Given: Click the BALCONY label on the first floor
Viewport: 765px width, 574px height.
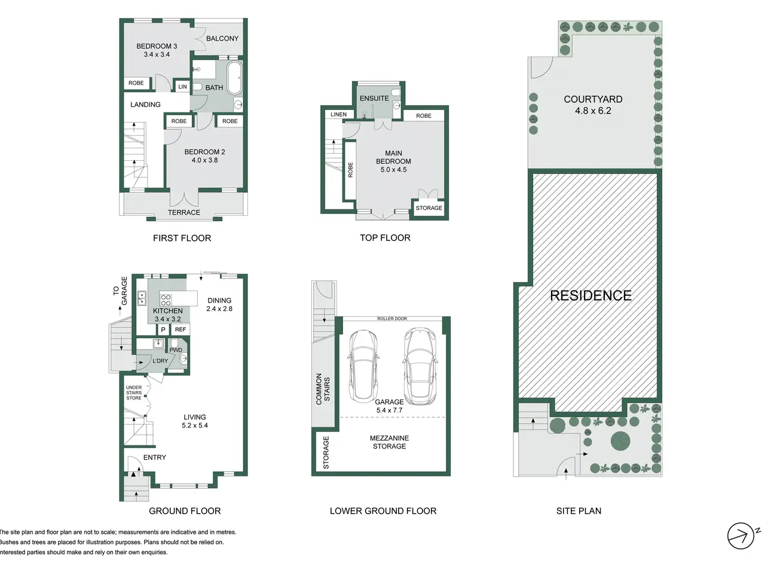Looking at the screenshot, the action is [x=222, y=38].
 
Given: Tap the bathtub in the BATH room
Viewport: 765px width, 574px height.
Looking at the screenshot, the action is [x=234, y=78].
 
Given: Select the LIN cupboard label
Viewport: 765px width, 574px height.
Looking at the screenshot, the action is [x=183, y=87].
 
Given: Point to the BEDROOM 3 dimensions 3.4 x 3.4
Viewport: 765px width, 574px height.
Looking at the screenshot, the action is [x=157, y=54].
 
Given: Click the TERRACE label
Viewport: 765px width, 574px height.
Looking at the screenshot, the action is [x=184, y=212].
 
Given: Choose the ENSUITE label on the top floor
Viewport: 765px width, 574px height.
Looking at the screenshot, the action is [x=374, y=98].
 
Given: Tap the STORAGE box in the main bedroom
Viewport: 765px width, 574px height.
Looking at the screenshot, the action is [x=429, y=207].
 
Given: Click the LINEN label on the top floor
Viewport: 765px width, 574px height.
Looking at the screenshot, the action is [x=338, y=114].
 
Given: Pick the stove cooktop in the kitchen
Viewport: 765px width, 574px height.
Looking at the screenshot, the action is [x=166, y=300].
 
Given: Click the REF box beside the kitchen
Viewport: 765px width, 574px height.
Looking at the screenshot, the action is [x=180, y=329].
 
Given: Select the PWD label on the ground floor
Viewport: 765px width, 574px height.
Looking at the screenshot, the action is [x=176, y=350].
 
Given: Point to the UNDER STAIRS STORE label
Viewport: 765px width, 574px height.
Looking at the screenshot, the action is [x=134, y=392].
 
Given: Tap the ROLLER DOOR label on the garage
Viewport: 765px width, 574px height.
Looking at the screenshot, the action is [x=392, y=319].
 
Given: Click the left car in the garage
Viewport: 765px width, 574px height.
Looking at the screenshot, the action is [x=363, y=365].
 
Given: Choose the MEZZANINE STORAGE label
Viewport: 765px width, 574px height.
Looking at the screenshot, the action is [x=389, y=442].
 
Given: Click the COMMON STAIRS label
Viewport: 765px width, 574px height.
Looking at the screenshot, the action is [x=323, y=389].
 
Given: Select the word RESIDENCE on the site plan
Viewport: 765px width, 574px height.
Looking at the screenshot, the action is [x=590, y=295].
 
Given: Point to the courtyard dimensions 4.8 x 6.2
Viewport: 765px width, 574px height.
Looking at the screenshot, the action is [x=593, y=111].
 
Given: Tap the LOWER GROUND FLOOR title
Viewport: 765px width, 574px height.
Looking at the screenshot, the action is [x=383, y=511].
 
